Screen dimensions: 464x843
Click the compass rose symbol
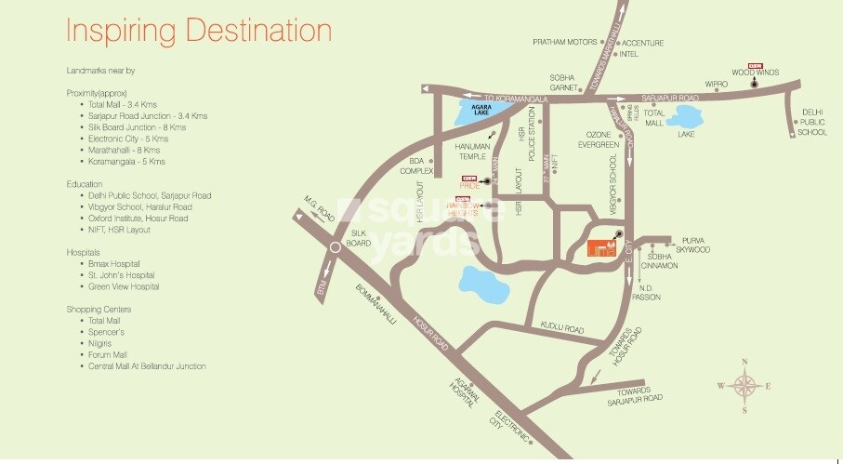(744, 385)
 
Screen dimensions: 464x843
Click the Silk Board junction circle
(335, 248)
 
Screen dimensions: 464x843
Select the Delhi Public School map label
(812, 122)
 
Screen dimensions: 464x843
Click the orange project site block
(602, 246)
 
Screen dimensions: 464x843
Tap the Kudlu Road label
(561, 328)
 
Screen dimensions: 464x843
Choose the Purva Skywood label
(695, 245)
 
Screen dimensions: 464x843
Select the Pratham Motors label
(563, 42)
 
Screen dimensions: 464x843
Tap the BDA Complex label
(417, 166)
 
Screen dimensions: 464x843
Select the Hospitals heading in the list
(82, 252)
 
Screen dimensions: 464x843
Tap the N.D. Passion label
(645, 292)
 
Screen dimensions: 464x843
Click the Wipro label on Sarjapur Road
(716, 84)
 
